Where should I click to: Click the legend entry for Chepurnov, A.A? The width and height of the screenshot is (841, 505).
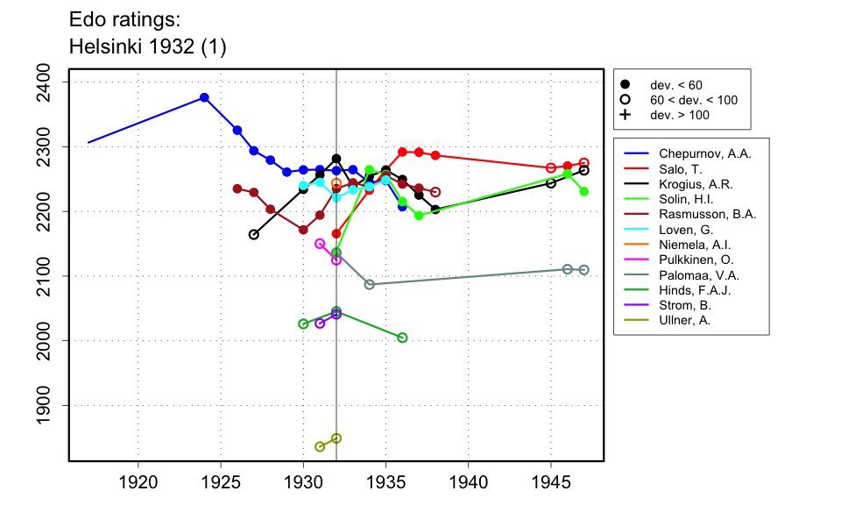click(704, 153)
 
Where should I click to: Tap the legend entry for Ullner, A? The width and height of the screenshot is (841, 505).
click(689, 321)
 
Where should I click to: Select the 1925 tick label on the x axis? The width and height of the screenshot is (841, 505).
click(221, 481)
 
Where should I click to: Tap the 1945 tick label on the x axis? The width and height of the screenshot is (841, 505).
click(551, 481)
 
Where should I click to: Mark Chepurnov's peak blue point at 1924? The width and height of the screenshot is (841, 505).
click(204, 97)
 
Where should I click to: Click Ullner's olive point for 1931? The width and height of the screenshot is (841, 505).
click(320, 447)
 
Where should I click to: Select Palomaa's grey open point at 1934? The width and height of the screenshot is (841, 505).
click(370, 284)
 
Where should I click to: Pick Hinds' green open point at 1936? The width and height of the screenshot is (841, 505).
click(402, 338)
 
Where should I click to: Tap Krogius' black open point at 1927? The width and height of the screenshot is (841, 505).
click(254, 235)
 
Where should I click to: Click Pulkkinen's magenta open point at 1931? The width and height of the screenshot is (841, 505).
click(320, 244)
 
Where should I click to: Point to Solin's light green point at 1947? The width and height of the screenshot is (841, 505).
click(584, 191)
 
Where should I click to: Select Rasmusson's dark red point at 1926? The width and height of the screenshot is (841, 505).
click(237, 188)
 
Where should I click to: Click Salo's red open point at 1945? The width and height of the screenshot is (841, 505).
click(551, 168)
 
